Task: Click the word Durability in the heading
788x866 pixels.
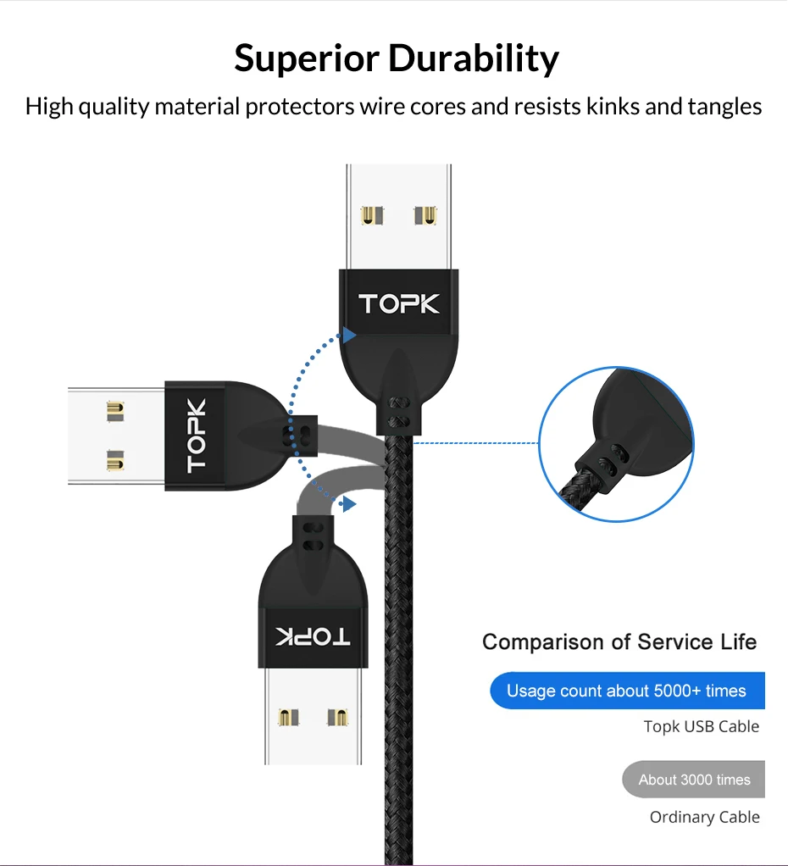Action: [474, 58]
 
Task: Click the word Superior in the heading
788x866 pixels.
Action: [306, 58]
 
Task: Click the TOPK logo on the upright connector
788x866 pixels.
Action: [399, 304]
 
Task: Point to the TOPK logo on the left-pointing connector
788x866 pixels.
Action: [197, 435]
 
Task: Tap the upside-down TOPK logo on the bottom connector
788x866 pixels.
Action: [313, 637]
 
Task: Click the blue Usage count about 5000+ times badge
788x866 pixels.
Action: [626, 691]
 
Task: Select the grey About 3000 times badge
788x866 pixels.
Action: [694, 780]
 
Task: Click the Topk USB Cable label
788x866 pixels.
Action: [701, 726]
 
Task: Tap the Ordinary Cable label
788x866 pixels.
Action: [704, 817]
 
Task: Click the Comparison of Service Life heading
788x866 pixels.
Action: [619, 642]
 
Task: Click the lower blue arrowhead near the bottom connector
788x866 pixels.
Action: [347, 504]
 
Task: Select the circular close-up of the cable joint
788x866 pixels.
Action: [616, 443]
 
